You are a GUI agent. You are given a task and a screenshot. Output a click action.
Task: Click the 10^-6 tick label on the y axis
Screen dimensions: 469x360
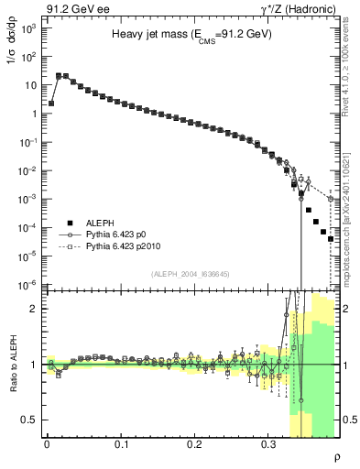tap(27, 285)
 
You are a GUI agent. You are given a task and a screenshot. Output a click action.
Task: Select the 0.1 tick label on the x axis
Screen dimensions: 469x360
tap(121, 444)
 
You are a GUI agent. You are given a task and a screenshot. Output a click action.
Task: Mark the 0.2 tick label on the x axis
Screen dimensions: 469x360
tap(194, 444)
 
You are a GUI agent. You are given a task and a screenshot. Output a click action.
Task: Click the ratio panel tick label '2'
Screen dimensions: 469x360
tap(33, 309)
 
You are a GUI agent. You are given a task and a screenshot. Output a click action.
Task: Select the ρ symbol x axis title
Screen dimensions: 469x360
tap(336, 455)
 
